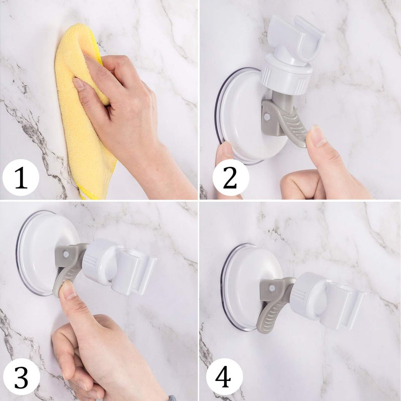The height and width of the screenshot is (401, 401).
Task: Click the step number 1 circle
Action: [21, 178]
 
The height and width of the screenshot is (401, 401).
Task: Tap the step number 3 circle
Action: [20, 377]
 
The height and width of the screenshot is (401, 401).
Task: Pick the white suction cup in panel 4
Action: [243, 286]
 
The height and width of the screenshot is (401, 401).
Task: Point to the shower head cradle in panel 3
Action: [133, 271]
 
